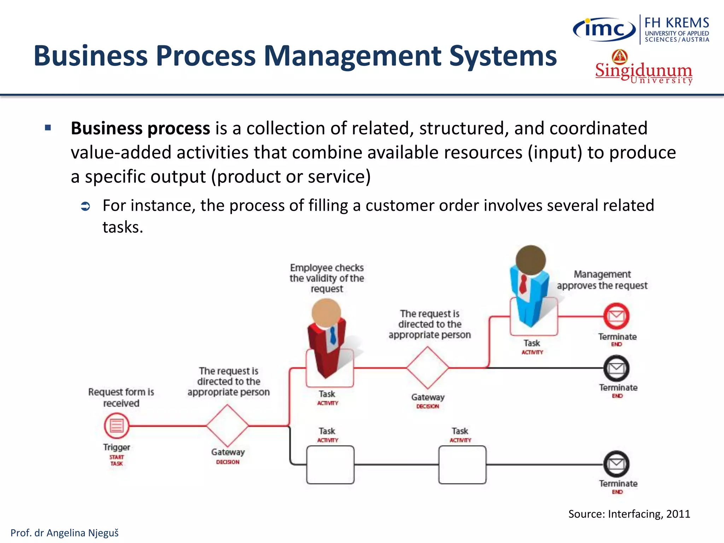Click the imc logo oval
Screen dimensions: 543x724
click(x=604, y=29)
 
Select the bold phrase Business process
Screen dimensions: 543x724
click(x=140, y=128)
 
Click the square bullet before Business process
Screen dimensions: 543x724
click(x=48, y=128)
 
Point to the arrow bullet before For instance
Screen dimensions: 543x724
click(x=86, y=206)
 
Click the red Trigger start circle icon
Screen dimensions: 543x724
click(x=117, y=426)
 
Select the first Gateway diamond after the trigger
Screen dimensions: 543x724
click(x=228, y=426)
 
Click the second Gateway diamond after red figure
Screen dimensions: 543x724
click(x=427, y=368)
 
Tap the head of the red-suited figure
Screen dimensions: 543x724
click(x=326, y=313)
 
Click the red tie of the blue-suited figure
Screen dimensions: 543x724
click(x=523, y=284)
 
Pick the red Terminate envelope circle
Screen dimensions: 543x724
click(x=616, y=316)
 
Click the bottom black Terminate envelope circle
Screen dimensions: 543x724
click(x=616, y=464)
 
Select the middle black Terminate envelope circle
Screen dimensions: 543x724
click(x=616, y=368)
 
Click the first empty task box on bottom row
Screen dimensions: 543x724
click(x=330, y=465)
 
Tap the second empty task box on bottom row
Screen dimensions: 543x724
click(x=462, y=465)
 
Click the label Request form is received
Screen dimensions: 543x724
click(x=121, y=397)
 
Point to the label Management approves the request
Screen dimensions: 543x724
click(x=602, y=280)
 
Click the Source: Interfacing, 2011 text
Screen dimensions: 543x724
click(x=629, y=514)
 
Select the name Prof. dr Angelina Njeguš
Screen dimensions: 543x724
click(x=65, y=533)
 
